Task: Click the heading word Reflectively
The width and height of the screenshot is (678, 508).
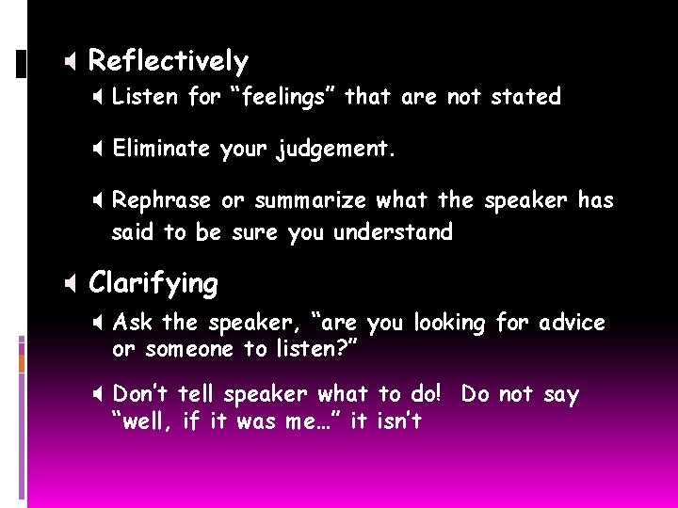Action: [x=168, y=62]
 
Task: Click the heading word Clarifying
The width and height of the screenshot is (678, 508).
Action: [x=153, y=283]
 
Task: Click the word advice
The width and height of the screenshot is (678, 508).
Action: [x=572, y=324]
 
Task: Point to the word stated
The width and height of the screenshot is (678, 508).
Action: [x=525, y=97]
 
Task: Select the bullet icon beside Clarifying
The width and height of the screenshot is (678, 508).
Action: [x=72, y=284]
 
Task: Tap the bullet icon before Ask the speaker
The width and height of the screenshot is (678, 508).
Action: [x=98, y=324]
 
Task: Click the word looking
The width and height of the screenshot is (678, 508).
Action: [x=449, y=324]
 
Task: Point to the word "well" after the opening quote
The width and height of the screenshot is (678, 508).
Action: [x=146, y=421]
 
